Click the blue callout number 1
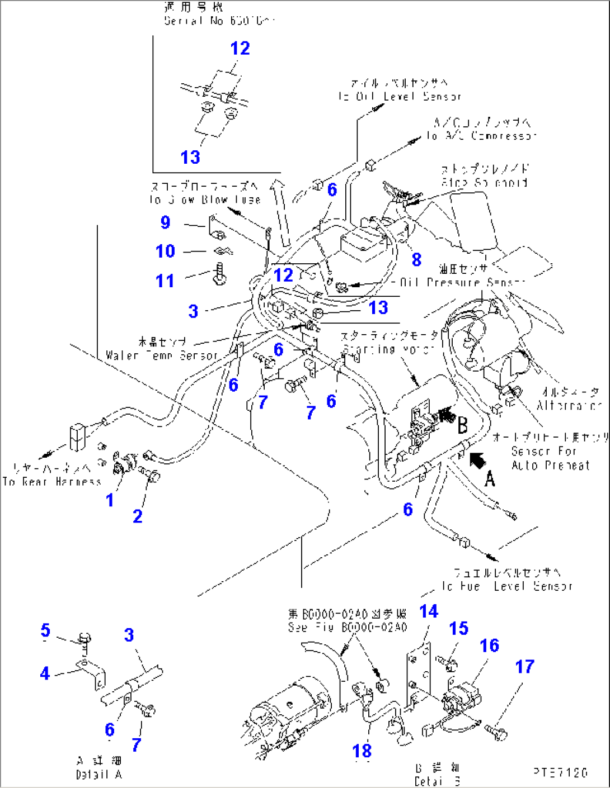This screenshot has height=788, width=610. pos(110,500)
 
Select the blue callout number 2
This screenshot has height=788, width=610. pos(138,516)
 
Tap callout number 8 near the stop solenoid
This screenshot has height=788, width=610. pos(416,259)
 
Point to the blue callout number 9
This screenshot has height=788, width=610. pos(165,222)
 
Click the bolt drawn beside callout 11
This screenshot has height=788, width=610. pos(220,274)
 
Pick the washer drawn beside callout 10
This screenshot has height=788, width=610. pos(223,251)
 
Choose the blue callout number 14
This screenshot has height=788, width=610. pos(429,611)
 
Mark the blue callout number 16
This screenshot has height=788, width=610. pos(489,645)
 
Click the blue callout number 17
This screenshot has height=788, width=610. pos(524,666)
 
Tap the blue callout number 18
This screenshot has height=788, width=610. pos(362,751)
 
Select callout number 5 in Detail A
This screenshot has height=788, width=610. pos(45,630)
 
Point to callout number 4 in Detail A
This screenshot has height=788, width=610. pos(45,673)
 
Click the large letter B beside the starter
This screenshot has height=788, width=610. pos(462,425)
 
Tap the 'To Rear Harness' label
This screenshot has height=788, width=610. pos(51,481)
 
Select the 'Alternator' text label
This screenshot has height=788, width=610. pos(569,405)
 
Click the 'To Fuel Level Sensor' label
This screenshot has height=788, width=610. pos(507,586)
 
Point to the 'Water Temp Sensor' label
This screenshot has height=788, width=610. pos(162,355)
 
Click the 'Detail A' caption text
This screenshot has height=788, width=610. pos(99,775)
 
